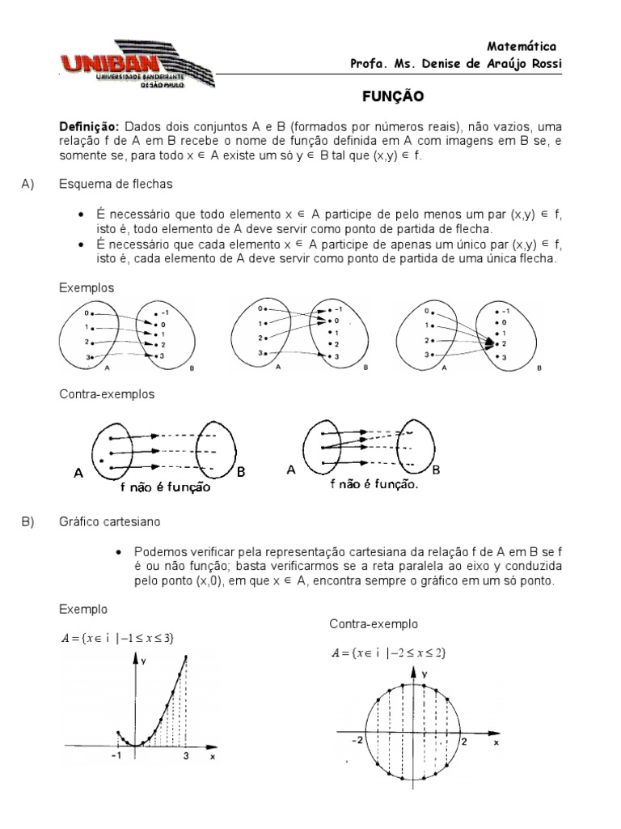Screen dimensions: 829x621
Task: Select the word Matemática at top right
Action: coord(522,46)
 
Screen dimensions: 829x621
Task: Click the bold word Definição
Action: coord(89,128)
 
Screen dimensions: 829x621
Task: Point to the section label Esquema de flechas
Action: coord(116,185)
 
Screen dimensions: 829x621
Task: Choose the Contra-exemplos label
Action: coord(107,394)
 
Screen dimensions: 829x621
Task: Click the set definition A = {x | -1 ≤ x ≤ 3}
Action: coord(118,637)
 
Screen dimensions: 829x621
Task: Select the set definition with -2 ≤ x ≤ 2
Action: coord(389,653)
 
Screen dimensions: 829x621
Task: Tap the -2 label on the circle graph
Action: coord(357,740)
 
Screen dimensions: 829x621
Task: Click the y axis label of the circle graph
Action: coord(424,674)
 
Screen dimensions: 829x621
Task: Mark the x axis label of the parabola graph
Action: coord(213,757)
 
